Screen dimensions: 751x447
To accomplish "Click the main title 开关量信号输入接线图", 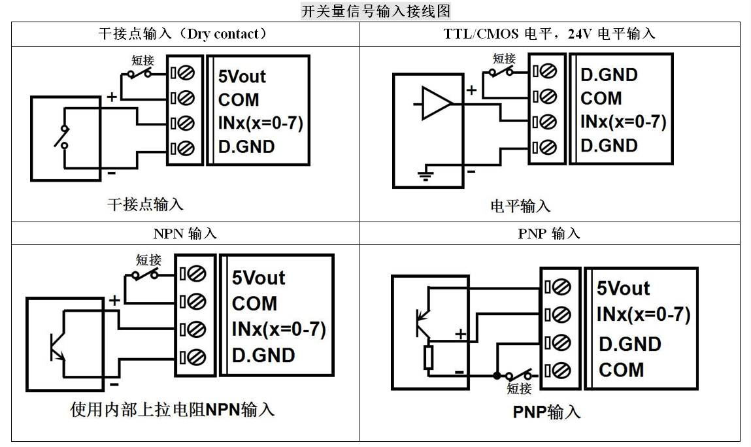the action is click(375, 11).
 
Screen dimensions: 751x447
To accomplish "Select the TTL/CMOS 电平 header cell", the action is click(549, 34).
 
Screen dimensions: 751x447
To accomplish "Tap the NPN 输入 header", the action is click(185, 233).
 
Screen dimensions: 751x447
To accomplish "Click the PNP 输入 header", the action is click(549, 233).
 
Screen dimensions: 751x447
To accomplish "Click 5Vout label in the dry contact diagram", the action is click(242, 76).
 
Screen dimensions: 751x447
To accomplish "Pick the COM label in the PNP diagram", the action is click(621, 370).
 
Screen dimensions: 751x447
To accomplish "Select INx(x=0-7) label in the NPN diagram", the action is click(278, 329).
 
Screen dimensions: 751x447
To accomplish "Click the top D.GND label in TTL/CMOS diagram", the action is click(609, 74).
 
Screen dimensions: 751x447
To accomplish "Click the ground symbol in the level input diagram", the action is click(426, 174).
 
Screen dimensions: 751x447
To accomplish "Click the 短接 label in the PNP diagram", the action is click(520, 389).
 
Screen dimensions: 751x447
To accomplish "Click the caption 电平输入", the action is click(520, 207).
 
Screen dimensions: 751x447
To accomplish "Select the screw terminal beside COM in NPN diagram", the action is click(196, 302).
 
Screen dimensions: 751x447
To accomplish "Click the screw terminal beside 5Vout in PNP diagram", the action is click(561, 287).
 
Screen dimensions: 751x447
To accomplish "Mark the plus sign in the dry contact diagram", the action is click(112, 97).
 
